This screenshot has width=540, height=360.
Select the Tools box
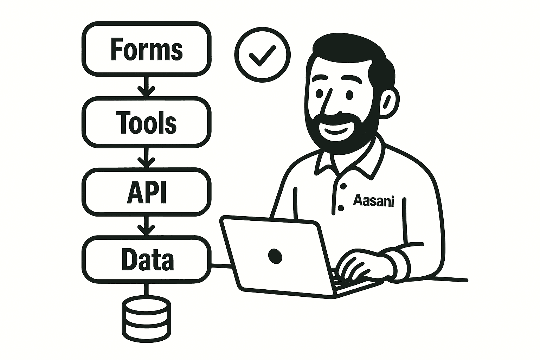point(146,121)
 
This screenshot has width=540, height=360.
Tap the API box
point(146,192)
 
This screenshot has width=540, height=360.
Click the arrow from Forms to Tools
point(146,86)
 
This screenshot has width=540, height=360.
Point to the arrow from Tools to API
point(146,157)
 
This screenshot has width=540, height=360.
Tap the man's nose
point(329,104)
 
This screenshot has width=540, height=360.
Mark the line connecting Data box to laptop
point(221,266)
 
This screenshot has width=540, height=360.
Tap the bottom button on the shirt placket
point(340,208)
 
